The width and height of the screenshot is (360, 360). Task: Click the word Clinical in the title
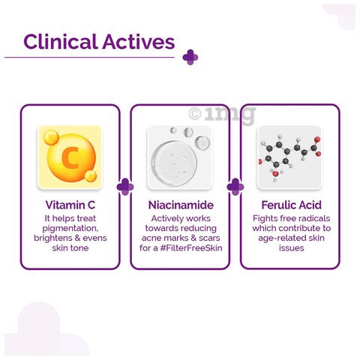click(61, 42)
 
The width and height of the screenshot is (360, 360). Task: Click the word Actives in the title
click(139, 42)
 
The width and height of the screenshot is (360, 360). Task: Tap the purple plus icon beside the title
click(190, 57)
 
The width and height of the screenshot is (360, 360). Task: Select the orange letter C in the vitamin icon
click(70, 157)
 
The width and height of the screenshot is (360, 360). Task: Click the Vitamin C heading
click(70, 205)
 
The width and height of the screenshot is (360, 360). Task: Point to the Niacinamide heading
click(181, 205)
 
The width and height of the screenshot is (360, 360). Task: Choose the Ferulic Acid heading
click(292, 205)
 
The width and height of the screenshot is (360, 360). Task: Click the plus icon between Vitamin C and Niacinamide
click(125, 187)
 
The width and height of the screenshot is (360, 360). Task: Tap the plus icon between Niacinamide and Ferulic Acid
click(235, 187)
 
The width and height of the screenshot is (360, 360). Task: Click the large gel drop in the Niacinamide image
click(174, 163)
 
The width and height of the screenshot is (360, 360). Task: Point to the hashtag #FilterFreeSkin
click(191, 248)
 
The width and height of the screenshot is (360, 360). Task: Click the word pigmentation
click(70, 229)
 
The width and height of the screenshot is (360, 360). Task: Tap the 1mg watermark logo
click(222, 115)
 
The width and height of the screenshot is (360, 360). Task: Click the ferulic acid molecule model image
click(289, 157)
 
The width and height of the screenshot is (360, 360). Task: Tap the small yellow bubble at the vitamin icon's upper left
click(51, 137)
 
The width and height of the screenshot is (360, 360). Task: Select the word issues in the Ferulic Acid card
click(292, 248)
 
